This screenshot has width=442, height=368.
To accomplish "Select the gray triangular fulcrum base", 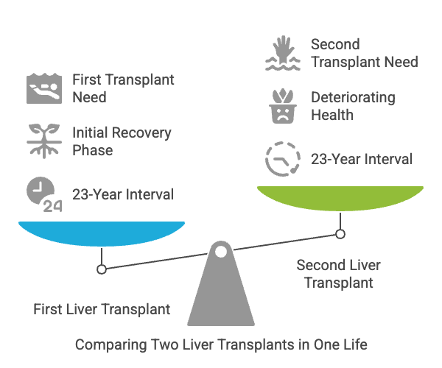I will pos(220,294).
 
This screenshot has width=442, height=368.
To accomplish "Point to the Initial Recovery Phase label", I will pos(122,141).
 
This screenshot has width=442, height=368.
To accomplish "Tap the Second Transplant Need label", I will pos(364,53).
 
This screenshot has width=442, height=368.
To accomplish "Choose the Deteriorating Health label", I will pos(353,106).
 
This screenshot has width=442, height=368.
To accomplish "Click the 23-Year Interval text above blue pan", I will pos(123,194).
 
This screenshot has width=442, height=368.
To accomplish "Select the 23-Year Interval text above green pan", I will pos(362,159).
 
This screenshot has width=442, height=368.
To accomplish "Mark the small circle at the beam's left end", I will pos(102,269).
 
